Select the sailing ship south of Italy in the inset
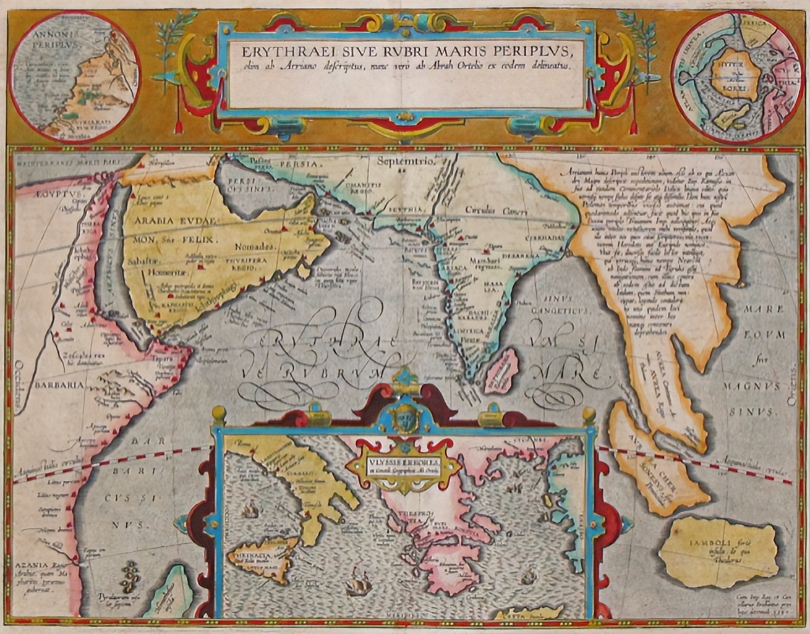(357, 583)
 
